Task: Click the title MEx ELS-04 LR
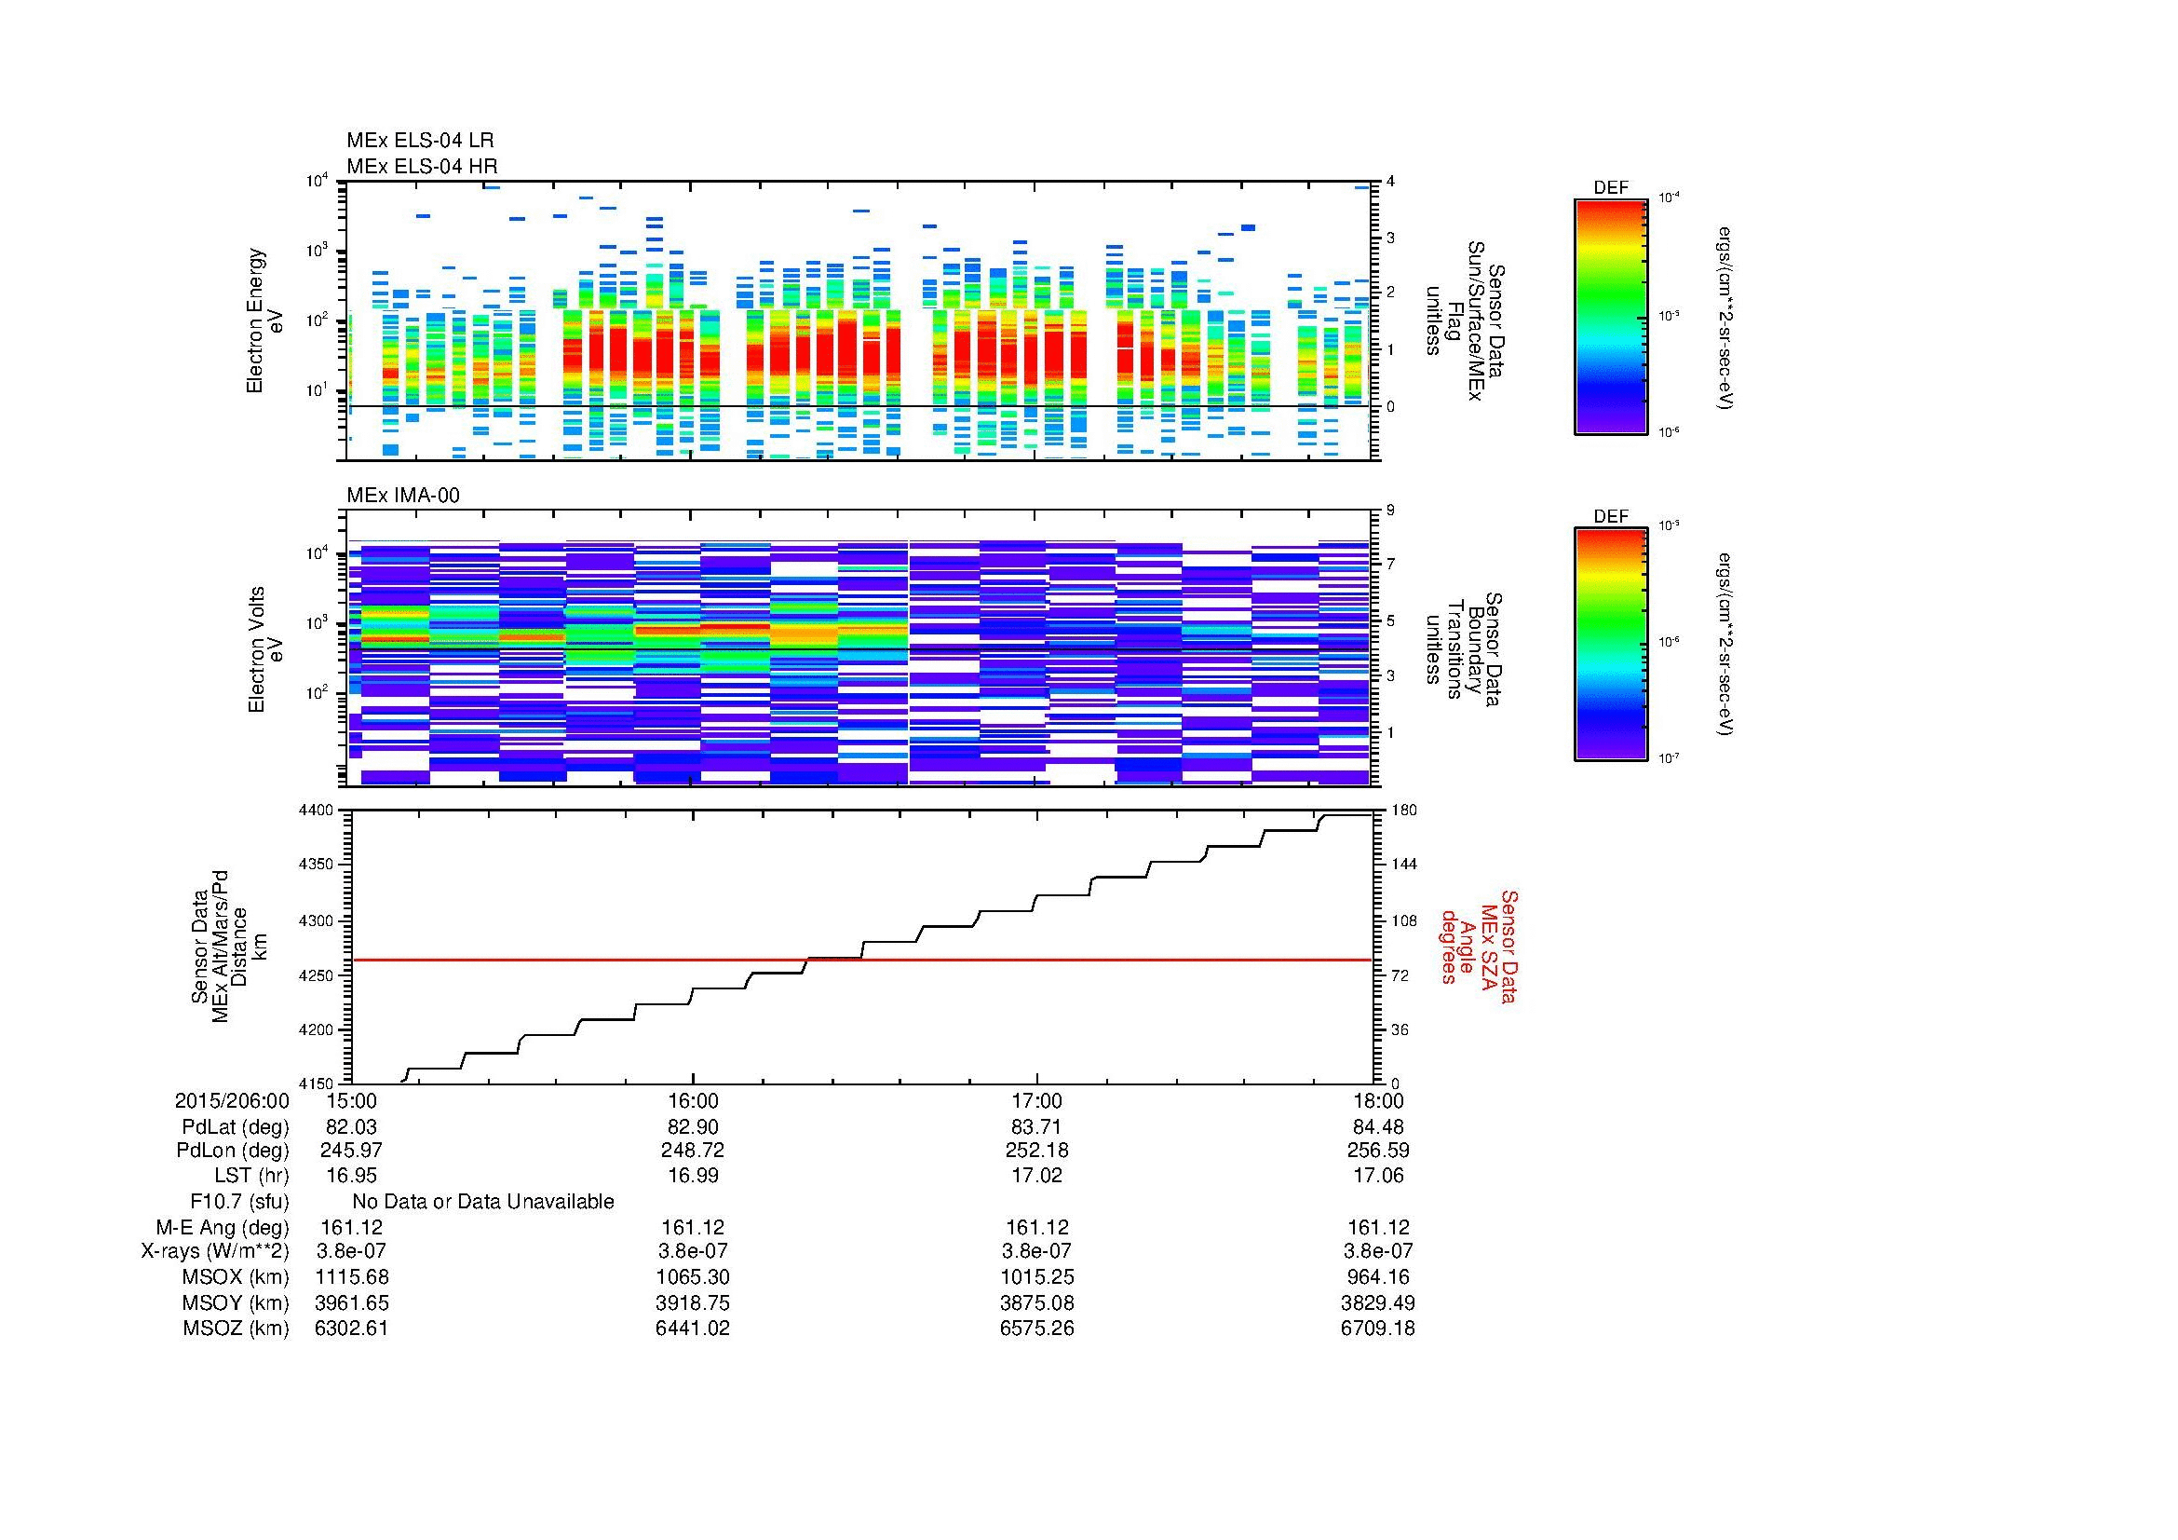point(419,142)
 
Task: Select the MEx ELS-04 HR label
point(421,167)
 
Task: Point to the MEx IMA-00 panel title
point(403,496)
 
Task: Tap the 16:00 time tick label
point(694,1100)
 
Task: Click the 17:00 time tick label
point(1036,1100)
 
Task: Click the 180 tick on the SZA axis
point(1403,811)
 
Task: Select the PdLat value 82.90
point(694,1127)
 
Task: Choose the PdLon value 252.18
point(1036,1150)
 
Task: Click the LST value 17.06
point(1378,1176)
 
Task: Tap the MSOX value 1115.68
point(351,1277)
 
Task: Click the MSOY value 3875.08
point(1036,1302)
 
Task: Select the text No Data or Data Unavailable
point(483,1202)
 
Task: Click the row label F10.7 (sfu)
point(239,1202)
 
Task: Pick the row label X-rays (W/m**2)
point(214,1251)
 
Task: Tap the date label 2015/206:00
point(232,1100)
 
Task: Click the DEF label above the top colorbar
point(1611,188)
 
